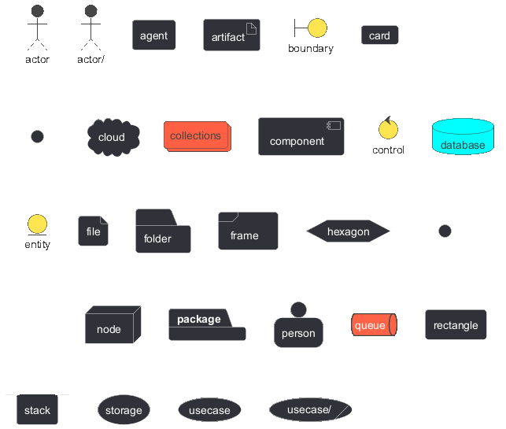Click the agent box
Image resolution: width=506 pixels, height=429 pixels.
tap(154, 35)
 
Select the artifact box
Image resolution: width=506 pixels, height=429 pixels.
tap(231, 35)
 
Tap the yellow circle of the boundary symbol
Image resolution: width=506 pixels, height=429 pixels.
tap(317, 28)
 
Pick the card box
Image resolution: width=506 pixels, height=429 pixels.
tap(380, 35)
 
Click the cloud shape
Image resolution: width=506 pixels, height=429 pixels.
tap(113, 137)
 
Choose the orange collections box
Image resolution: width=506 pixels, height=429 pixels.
tap(198, 136)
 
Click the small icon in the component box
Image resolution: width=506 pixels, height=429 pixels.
tap(334, 125)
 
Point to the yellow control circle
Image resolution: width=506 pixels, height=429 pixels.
tap(388, 129)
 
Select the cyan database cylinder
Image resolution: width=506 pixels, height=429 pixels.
tap(463, 136)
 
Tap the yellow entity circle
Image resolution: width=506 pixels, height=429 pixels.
tap(38, 224)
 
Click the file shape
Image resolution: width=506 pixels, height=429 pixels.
tap(94, 231)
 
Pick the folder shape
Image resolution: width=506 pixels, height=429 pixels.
tap(163, 231)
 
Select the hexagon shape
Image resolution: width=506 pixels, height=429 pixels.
tap(348, 231)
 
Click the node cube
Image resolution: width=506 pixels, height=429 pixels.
tap(113, 324)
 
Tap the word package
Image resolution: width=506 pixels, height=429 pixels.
tap(199, 320)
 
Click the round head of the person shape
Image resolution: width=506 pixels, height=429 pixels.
tap(298, 310)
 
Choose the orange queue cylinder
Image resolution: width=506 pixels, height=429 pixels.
tap(374, 324)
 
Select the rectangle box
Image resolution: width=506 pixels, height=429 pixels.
tap(456, 324)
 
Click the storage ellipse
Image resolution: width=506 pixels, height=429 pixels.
tap(124, 409)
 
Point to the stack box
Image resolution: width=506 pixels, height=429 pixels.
tap(38, 409)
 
